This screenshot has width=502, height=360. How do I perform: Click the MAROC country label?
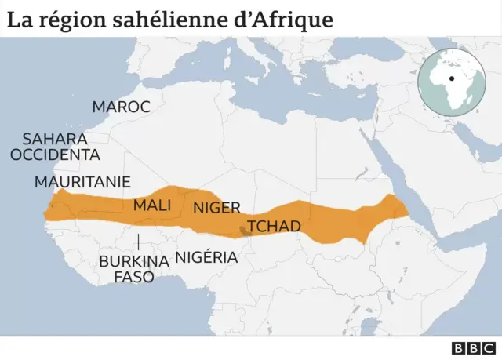[121, 107]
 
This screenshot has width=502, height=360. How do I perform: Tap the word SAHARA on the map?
[54, 138]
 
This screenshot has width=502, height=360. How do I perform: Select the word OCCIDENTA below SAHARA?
[55, 155]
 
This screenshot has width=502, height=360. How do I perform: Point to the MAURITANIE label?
[82, 182]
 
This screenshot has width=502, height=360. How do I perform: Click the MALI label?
[152, 205]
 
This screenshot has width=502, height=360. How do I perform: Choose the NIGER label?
[216, 209]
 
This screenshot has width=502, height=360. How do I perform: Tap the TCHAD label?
[274, 227]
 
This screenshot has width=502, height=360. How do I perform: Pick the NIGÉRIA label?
[206, 256]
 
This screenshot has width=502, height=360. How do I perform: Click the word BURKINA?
[134, 261]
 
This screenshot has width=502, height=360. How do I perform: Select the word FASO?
[134, 277]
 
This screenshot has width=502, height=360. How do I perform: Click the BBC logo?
[475, 348]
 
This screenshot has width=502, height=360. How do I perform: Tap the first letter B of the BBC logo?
[460, 348]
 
